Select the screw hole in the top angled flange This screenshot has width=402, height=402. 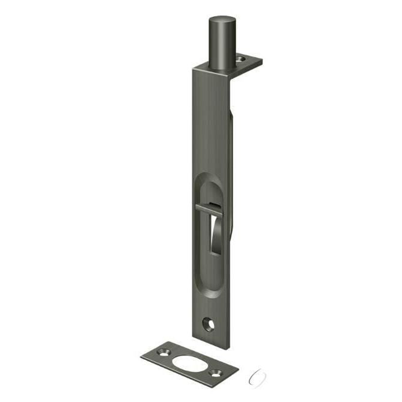(243, 59)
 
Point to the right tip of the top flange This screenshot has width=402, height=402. (262, 61)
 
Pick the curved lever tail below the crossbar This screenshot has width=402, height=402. (217, 237)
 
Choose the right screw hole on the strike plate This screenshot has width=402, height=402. (216, 371)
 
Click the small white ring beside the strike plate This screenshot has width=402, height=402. (258, 376)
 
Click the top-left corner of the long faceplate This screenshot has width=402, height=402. (193, 69)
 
